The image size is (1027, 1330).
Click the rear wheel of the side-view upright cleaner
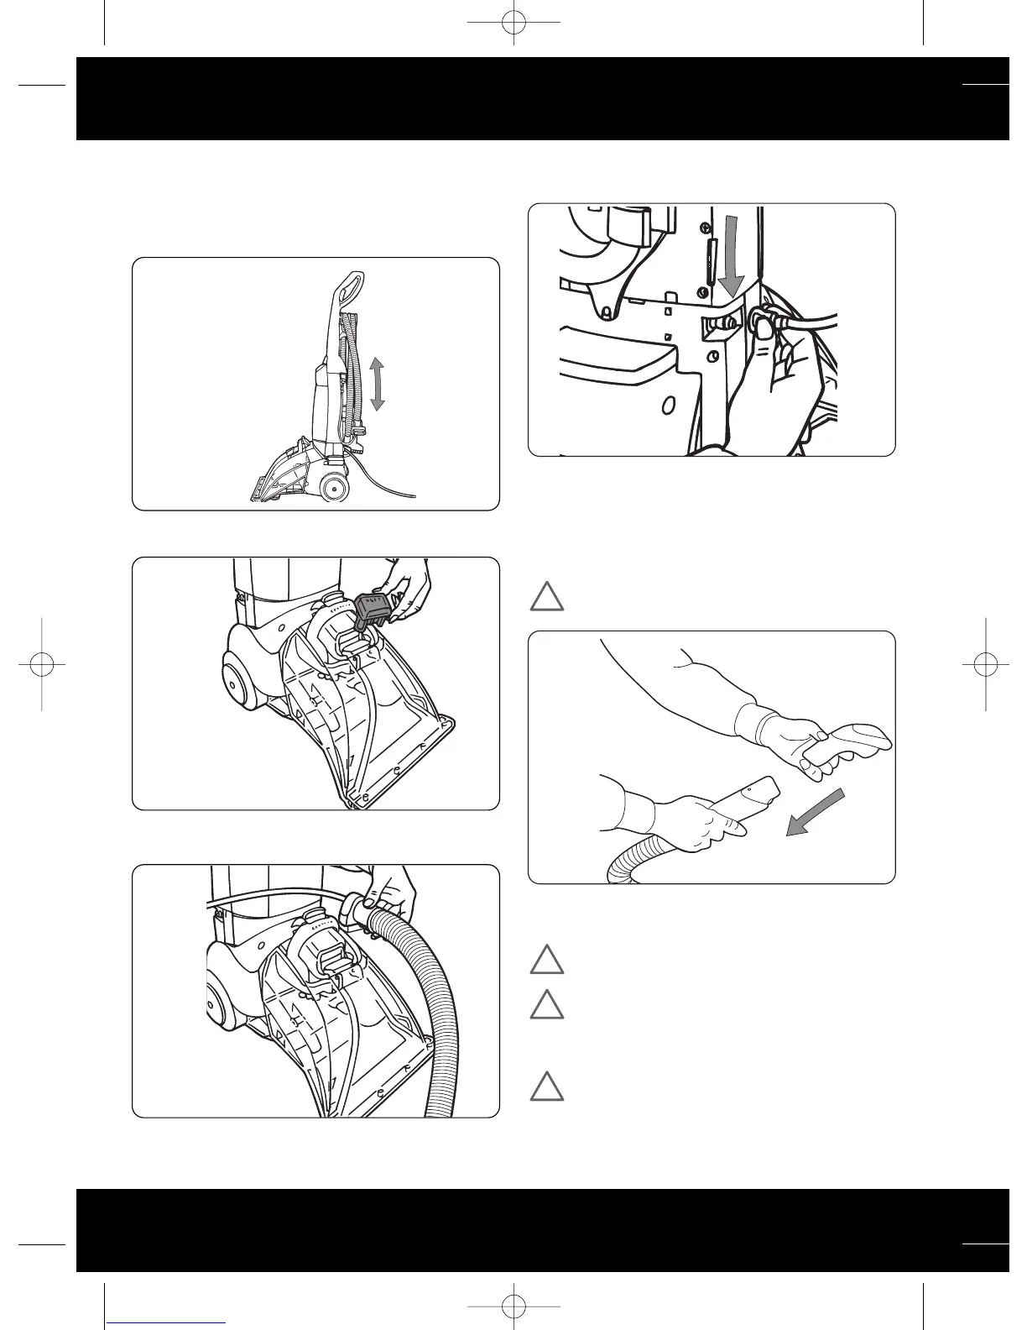[x=335, y=485]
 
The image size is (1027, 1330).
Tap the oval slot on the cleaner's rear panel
[x=667, y=406]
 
